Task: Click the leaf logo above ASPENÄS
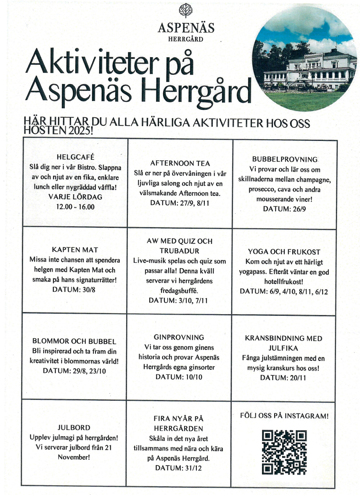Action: pyautogui.click(x=185, y=11)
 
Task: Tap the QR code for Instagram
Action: pyautogui.click(x=284, y=452)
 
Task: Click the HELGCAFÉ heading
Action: pyautogui.click(x=75, y=157)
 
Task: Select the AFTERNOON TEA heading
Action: pyautogui.click(x=180, y=163)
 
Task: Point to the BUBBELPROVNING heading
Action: pyautogui.click(x=285, y=159)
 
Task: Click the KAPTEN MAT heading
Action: pyautogui.click(x=75, y=249)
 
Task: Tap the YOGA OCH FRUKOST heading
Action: pyautogui.click(x=284, y=252)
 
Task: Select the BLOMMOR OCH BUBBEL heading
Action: pyautogui.click(x=74, y=341)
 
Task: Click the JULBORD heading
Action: pyautogui.click(x=74, y=428)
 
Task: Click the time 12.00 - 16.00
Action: pyautogui.click(x=75, y=206)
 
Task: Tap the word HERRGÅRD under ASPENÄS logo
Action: pyautogui.click(x=185, y=39)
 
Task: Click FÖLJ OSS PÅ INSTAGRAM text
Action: pyautogui.click(x=284, y=416)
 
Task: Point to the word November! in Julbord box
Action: pyautogui.click(x=74, y=457)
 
